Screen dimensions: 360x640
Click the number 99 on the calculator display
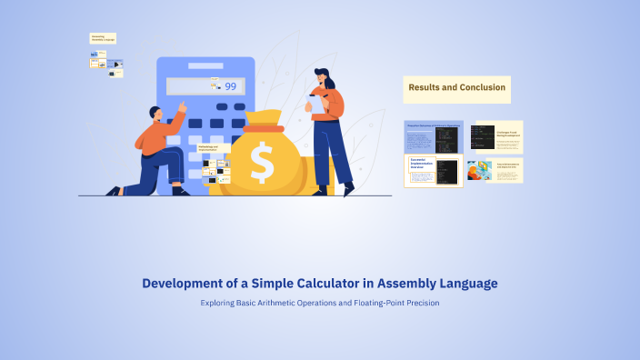click(x=230, y=86)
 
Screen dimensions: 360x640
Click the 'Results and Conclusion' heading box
click(x=456, y=88)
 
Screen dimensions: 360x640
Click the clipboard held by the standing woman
click(x=317, y=103)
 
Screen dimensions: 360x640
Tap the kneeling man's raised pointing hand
click(x=183, y=106)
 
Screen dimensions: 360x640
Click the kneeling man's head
click(x=155, y=114)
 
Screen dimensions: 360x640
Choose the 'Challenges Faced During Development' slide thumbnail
click(x=496, y=137)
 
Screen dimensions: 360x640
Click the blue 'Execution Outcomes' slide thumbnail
click(x=434, y=136)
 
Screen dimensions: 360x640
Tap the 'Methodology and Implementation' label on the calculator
click(x=208, y=147)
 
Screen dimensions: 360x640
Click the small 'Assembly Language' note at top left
click(x=103, y=38)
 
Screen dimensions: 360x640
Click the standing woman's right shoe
click(x=348, y=189)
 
